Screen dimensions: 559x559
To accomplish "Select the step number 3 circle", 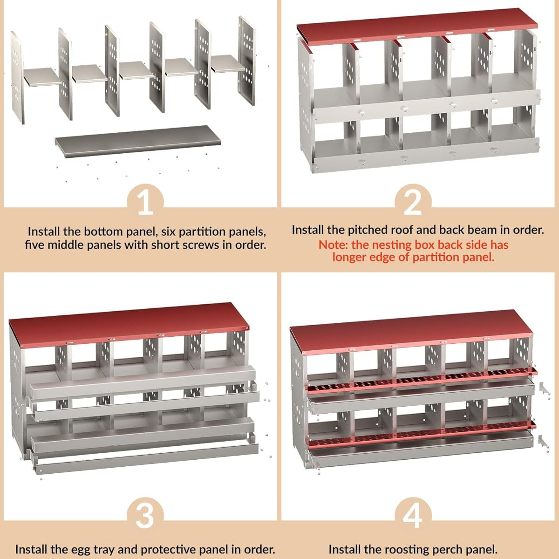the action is coord(145,516).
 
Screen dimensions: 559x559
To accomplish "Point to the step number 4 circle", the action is coord(413,516).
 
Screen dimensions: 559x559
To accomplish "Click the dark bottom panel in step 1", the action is coord(138,142).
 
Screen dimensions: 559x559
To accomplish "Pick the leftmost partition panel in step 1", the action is coord(17,78).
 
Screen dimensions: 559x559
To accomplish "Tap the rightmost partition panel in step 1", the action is coord(247,61).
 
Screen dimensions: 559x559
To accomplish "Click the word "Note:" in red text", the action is coord(334,245).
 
